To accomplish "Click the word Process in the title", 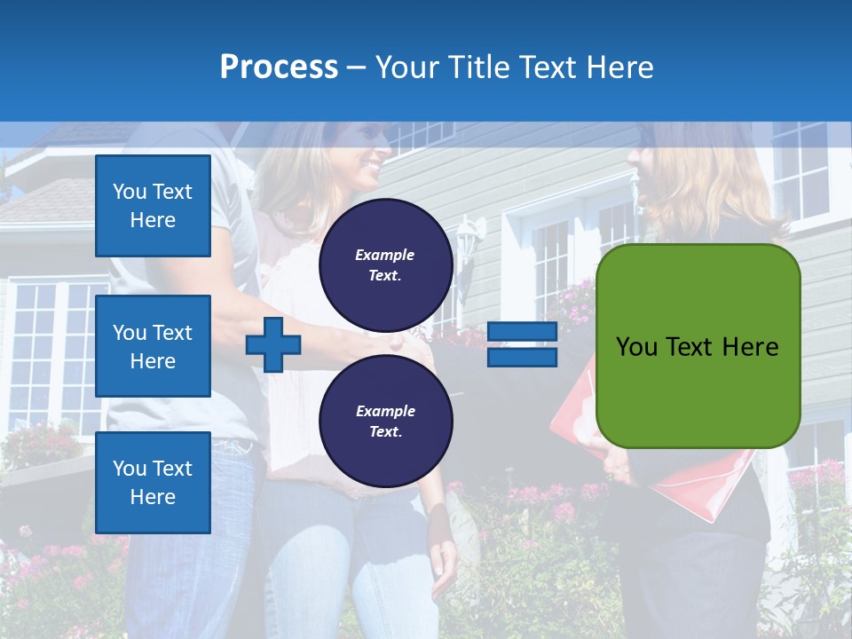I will pos(279,67).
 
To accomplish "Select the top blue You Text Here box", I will pos(153,206).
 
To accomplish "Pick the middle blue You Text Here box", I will pos(153,346).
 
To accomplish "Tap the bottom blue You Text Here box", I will pos(153,483).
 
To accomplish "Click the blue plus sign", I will pos(273,344).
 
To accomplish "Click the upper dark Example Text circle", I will pos(386,265).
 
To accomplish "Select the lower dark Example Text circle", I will pos(386,422).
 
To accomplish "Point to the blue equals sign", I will pos(523,344).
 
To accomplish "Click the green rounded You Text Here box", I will pos(698,346).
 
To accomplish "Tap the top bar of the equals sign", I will pos(523,332).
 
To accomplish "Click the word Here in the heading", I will pos(621,67).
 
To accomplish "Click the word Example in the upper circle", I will pos(385,255).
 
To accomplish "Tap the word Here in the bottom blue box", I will pos(153,497).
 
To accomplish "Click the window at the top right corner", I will pos(799,169).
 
